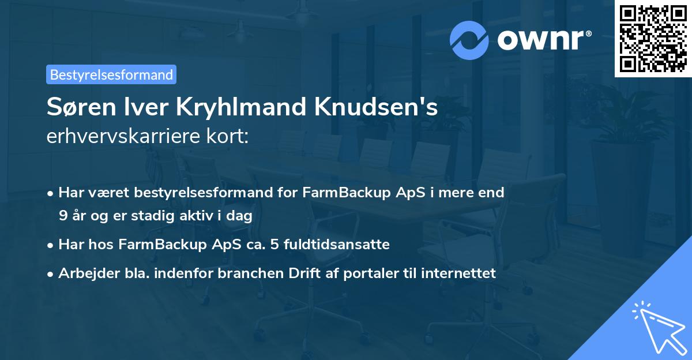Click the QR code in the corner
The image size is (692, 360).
653,38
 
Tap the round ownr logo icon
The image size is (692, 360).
469,40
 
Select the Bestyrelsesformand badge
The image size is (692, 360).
111,74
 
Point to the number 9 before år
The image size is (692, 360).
62,216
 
